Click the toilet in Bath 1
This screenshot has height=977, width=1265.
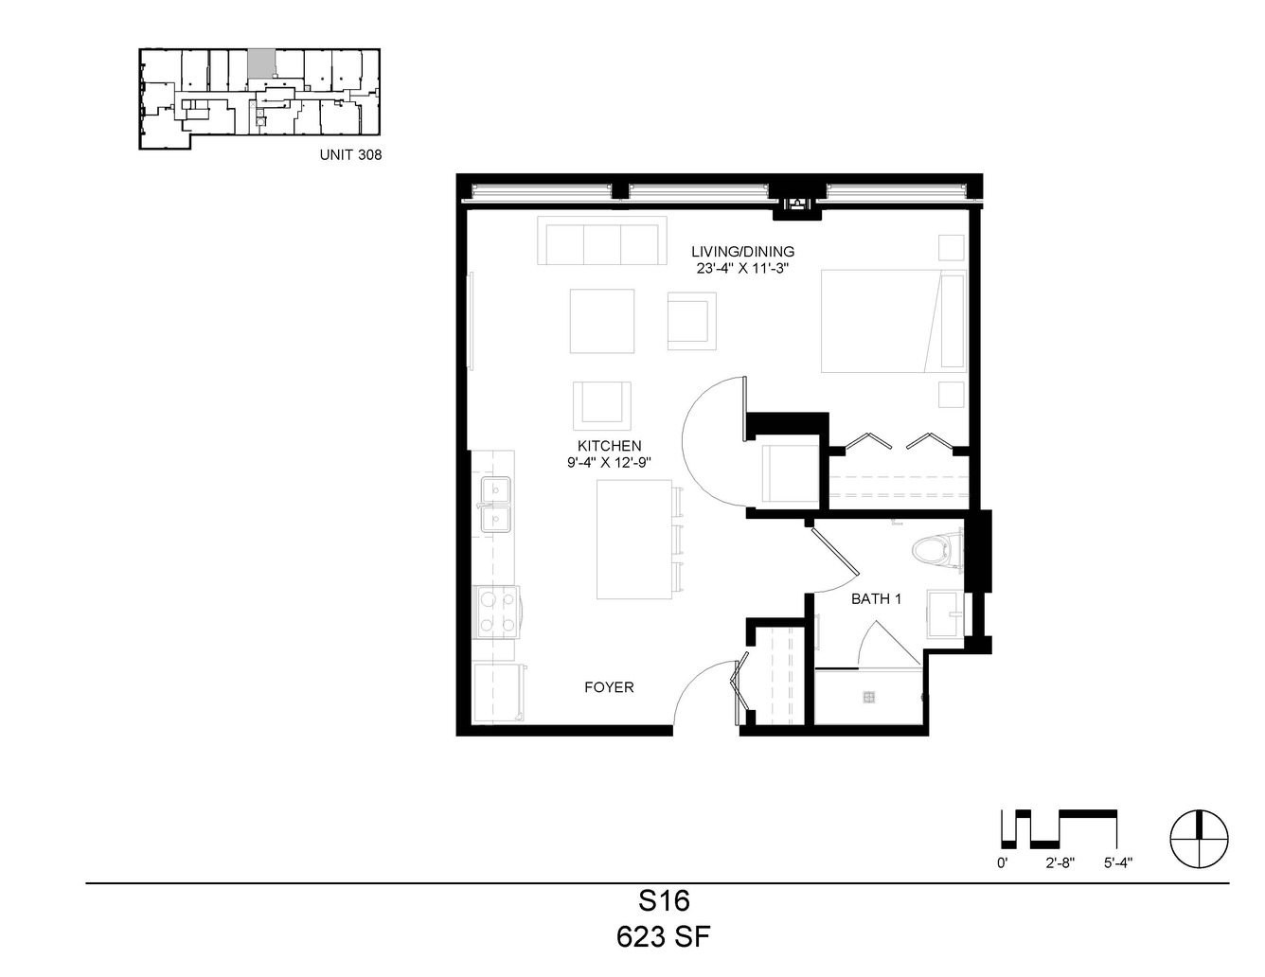click(x=936, y=550)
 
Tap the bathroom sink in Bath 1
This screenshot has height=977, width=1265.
click(x=945, y=613)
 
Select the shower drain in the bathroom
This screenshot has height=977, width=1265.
click(x=868, y=697)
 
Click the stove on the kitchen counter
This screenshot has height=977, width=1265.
click(x=496, y=612)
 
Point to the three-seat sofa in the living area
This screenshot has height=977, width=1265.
click(x=602, y=240)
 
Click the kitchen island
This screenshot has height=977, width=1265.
click(x=634, y=539)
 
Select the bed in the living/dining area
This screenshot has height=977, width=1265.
click(x=894, y=321)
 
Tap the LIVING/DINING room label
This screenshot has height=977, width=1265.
click(x=742, y=252)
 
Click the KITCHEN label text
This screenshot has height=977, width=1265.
click(x=609, y=446)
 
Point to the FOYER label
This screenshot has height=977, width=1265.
click(x=609, y=687)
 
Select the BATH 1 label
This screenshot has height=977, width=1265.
click(x=876, y=598)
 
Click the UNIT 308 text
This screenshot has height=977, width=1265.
click(x=350, y=154)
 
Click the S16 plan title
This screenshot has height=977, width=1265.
click(x=664, y=901)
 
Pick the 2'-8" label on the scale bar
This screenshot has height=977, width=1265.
click(x=1060, y=863)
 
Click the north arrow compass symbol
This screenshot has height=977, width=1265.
click(x=1200, y=839)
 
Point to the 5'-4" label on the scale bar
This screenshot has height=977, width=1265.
click(x=1117, y=863)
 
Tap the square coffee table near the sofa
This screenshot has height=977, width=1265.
click(x=602, y=321)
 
